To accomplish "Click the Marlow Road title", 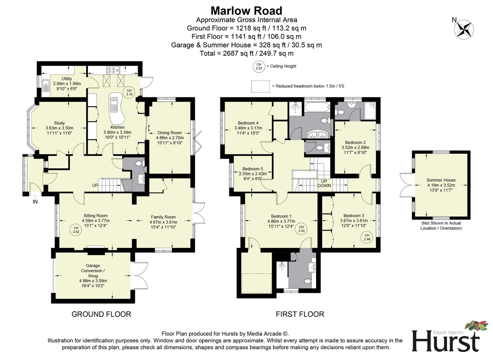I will (x=246, y=11).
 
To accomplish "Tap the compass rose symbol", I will (x=464, y=29).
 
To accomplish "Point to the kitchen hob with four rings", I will (x=113, y=70).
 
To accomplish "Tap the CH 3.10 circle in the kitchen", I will (x=129, y=92).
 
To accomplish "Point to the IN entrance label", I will (x=35, y=202).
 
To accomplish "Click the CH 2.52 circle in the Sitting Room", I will (x=76, y=230).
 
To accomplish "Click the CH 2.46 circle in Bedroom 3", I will (x=367, y=237).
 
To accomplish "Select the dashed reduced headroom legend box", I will (x=260, y=86).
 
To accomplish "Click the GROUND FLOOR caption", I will (x=101, y=314).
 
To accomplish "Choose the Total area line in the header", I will (x=246, y=53).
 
